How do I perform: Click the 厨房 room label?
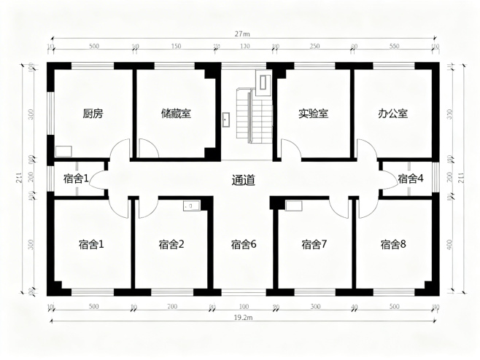pyautogui.click(x=93, y=114)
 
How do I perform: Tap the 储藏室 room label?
pyautogui.click(x=176, y=114)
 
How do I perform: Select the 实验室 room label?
pyautogui.click(x=313, y=114)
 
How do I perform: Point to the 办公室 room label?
pyautogui.click(x=392, y=114)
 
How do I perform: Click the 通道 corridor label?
pyautogui.click(x=243, y=180)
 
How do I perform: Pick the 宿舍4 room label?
pyautogui.click(x=411, y=178)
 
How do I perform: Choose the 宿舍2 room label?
pyautogui.click(x=171, y=244)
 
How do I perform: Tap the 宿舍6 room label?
pyautogui.click(x=244, y=244)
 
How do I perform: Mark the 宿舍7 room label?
pyautogui.click(x=314, y=244)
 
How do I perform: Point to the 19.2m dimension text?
pyautogui.click(x=242, y=318)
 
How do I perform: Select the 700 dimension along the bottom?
pyautogui.click(x=172, y=307)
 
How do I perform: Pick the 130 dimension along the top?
pyautogui.click(x=244, y=47)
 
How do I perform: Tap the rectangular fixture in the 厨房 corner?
pyautogui.click(x=62, y=152)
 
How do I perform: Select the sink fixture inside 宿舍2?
pyautogui.click(x=191, y=206)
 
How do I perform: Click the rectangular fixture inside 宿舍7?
pyautogui.click(x=293, y=206)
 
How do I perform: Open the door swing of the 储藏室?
pyautogui.click(x=148, y=149)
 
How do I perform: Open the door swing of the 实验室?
pyautogui.click(x=289, y=150)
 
